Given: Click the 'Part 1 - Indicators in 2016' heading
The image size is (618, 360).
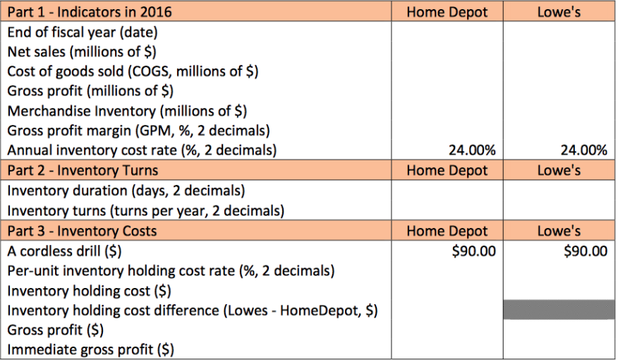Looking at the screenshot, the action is (90, 12).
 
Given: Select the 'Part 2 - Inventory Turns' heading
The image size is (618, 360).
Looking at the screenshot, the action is (83, 170).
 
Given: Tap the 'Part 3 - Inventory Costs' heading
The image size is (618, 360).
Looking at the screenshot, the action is (82, 232).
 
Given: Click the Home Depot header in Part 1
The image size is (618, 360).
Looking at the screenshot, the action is (447, 12).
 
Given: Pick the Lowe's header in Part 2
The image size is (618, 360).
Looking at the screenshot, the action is (559, 170).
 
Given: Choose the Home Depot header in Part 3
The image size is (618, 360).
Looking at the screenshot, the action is (447, 232).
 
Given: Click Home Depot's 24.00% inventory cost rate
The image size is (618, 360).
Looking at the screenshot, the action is (472, 150).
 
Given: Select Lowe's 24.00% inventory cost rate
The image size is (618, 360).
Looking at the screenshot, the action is (583, 150).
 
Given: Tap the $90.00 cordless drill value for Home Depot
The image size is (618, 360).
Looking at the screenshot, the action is (474, 251).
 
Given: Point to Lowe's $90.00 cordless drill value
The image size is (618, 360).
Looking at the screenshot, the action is (586, 251).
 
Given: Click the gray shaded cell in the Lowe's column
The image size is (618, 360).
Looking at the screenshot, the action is (559, 309).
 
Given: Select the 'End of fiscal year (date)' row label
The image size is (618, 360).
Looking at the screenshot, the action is (83, 32).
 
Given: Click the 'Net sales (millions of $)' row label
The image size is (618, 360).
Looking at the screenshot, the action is (82, 52).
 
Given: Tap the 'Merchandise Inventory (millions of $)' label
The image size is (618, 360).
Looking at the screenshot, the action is (127, 111).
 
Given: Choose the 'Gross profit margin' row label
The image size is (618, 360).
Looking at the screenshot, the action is (138, 131).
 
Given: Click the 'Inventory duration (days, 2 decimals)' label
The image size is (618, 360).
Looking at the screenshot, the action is (126, 191).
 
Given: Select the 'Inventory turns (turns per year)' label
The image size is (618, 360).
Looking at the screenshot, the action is (146, 210).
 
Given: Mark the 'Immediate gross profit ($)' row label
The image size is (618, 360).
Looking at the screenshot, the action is (91, 349).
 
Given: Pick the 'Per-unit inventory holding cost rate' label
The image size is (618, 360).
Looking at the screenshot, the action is (171, 270).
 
